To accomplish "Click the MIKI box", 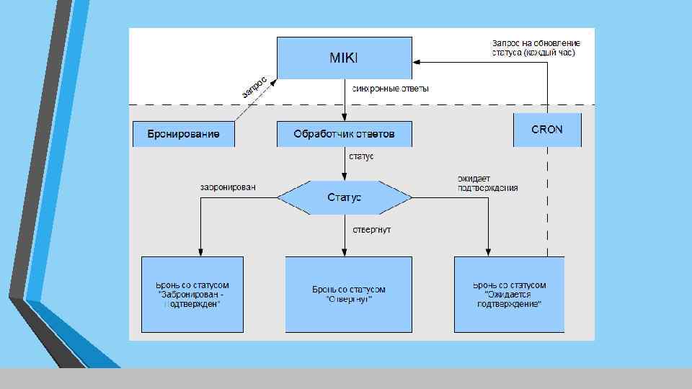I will [x=345, y=58].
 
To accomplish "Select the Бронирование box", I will [x=184, y=134].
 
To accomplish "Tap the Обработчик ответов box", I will [x=345, y=134].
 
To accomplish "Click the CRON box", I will [x=547, y=130].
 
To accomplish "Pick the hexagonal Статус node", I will [x=345, y=197].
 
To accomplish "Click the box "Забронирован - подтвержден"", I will [x=192, y=294].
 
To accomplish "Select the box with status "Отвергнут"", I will [x=349, y=294].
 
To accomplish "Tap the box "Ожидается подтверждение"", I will [x=509, y=294].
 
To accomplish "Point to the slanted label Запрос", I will [x=254, y=87].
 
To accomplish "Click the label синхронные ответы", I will [x=390, y=89].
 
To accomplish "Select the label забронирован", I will [x=228, y=187].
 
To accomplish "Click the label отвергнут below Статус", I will [x=372, y=230].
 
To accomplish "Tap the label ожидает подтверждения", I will [x=487, y=183].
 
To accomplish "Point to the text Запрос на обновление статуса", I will [x=536, y=48].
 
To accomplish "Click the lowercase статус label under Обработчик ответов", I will [x=362, y=156].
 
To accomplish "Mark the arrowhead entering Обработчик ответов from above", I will [x=345, y=117].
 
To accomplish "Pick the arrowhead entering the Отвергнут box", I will [x=345, y=252].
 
